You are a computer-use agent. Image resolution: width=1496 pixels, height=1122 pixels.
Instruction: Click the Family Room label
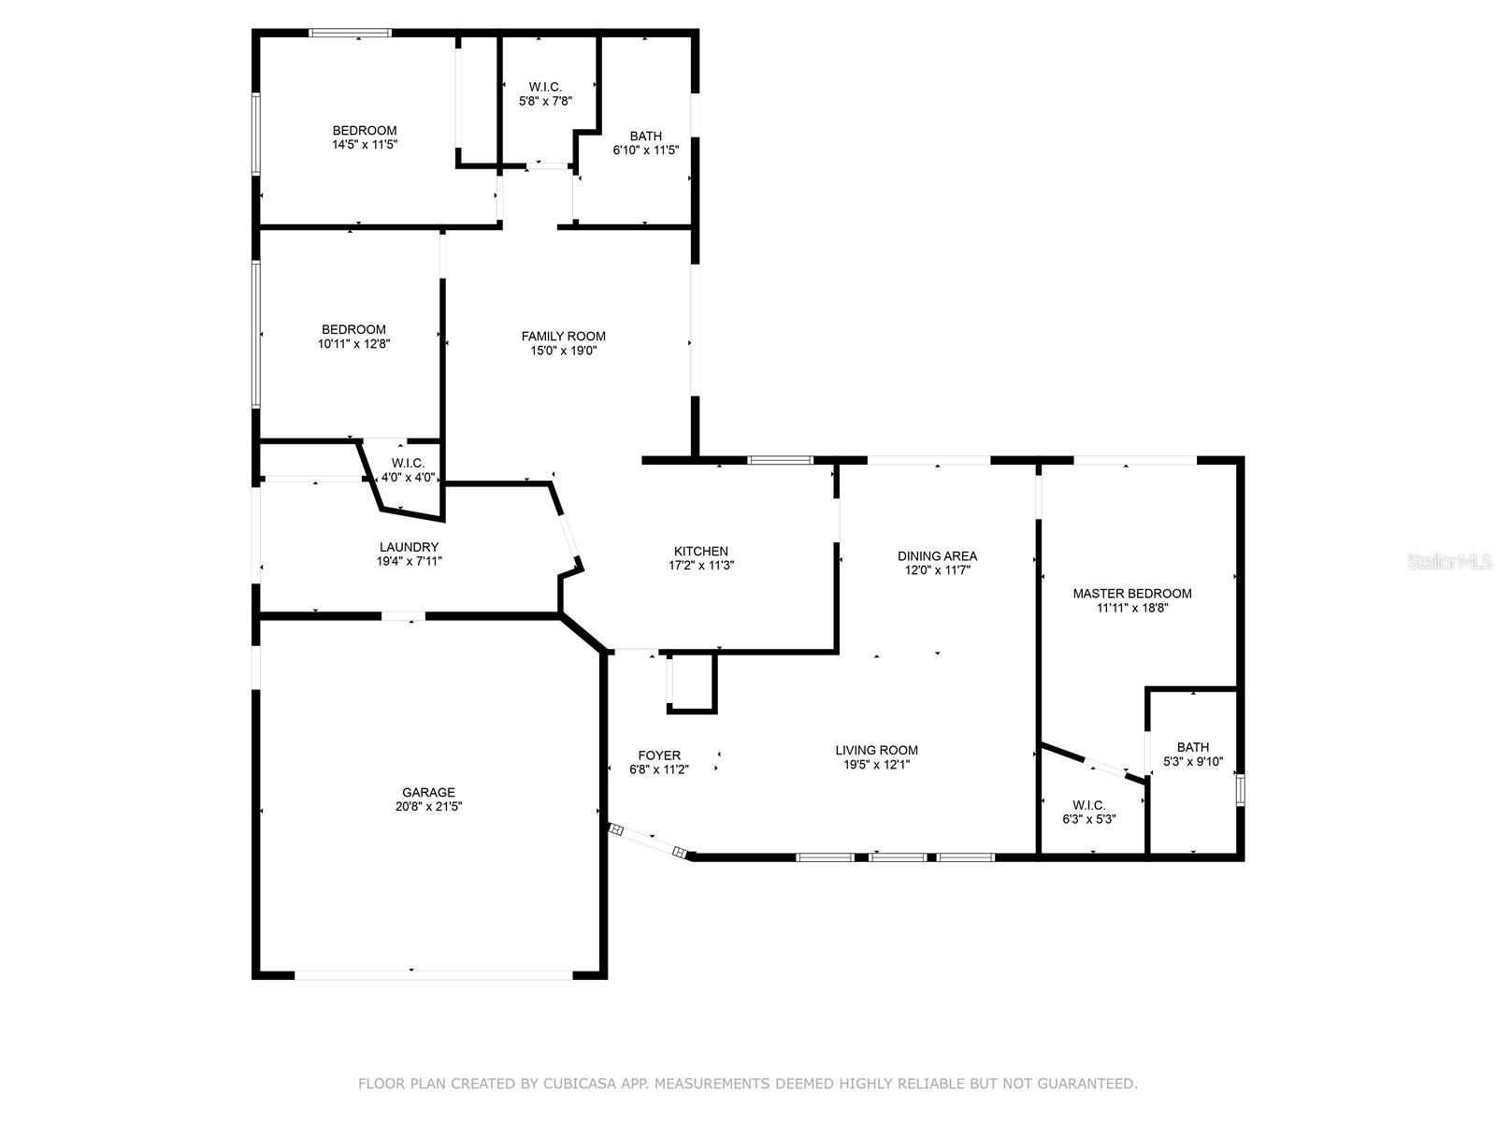point(563,336)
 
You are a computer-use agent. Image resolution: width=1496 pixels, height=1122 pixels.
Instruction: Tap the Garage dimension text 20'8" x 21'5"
point(428,807)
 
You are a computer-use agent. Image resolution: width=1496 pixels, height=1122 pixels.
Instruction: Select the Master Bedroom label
point(1132,594)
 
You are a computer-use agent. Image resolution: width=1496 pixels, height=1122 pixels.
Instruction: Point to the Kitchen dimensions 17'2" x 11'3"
point(701,566)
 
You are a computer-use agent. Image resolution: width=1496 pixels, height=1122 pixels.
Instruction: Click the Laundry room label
point(409,547)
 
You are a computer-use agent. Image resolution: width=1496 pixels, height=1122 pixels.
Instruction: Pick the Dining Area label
point(937,556)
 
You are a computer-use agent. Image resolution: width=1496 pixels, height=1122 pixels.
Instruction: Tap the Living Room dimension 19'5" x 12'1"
point(876,764)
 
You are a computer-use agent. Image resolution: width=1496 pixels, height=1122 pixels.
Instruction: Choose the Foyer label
point(659,755)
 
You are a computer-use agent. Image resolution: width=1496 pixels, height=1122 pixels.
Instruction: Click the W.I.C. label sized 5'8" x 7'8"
point(545,87)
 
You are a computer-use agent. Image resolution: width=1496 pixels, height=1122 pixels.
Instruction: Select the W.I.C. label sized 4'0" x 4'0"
point(408,463)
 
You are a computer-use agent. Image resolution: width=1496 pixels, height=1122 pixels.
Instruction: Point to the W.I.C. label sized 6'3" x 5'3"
point(1089,805)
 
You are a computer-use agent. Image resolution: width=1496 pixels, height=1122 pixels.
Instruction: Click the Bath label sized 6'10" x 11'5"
point(645,137)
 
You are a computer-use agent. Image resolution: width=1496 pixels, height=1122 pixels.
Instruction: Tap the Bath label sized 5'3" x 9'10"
point(1193,747)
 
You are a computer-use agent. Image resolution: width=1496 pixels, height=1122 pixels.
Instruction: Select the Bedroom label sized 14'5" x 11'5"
point(365,130)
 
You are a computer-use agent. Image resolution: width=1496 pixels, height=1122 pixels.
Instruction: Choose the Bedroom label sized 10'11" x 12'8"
point(353,330)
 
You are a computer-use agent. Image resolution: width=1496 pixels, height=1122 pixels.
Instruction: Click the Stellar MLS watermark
point(1448,562)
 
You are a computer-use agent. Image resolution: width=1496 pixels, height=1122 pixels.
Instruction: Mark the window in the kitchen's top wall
point(781,460)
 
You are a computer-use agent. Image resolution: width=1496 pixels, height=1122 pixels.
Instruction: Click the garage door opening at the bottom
point(434,975)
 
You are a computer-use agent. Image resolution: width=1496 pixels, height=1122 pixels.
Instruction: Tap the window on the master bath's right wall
point(1241,790)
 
